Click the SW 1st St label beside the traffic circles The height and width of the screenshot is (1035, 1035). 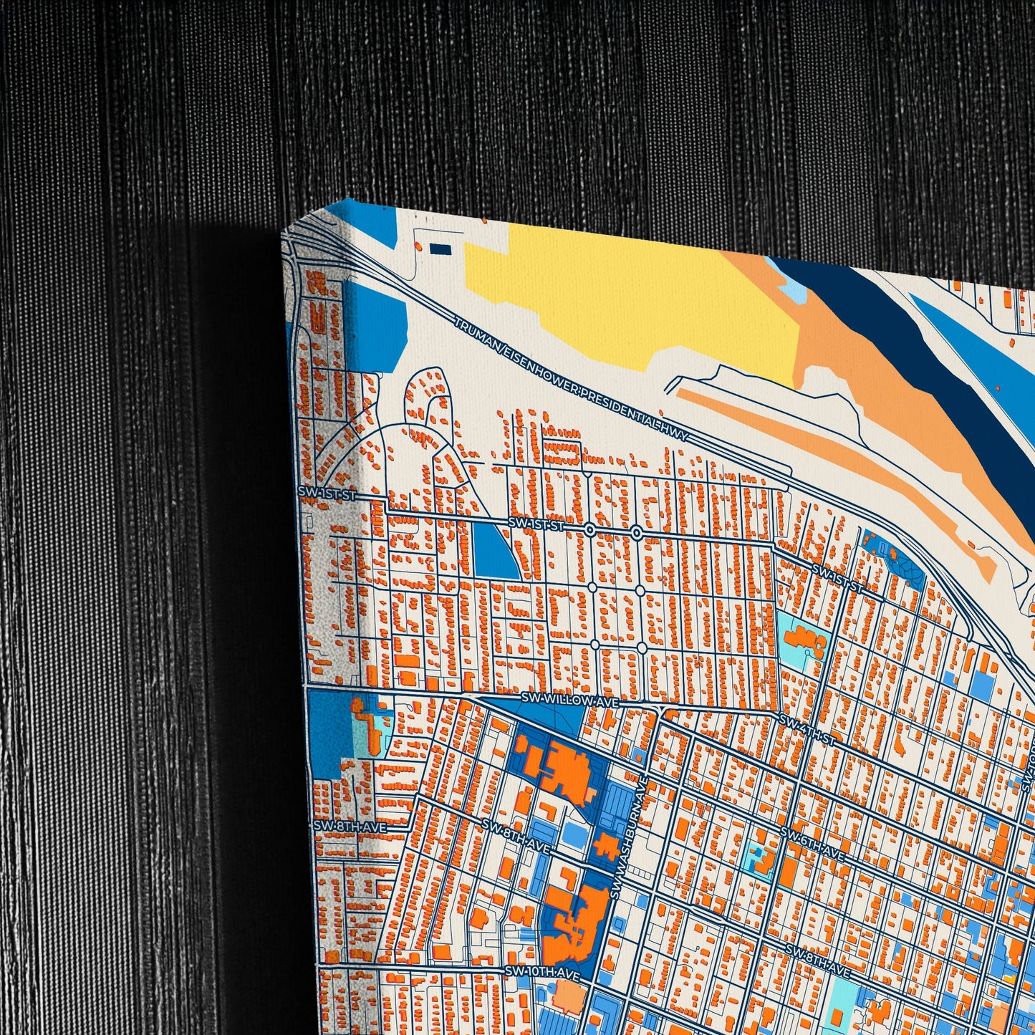[x=536, y=525]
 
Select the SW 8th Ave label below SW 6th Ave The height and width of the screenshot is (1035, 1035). [x=817, y=960]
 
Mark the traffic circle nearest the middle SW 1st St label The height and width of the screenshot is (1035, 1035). [x=589, y=531]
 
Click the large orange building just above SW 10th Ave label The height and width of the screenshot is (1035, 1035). [x=573, y=924]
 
